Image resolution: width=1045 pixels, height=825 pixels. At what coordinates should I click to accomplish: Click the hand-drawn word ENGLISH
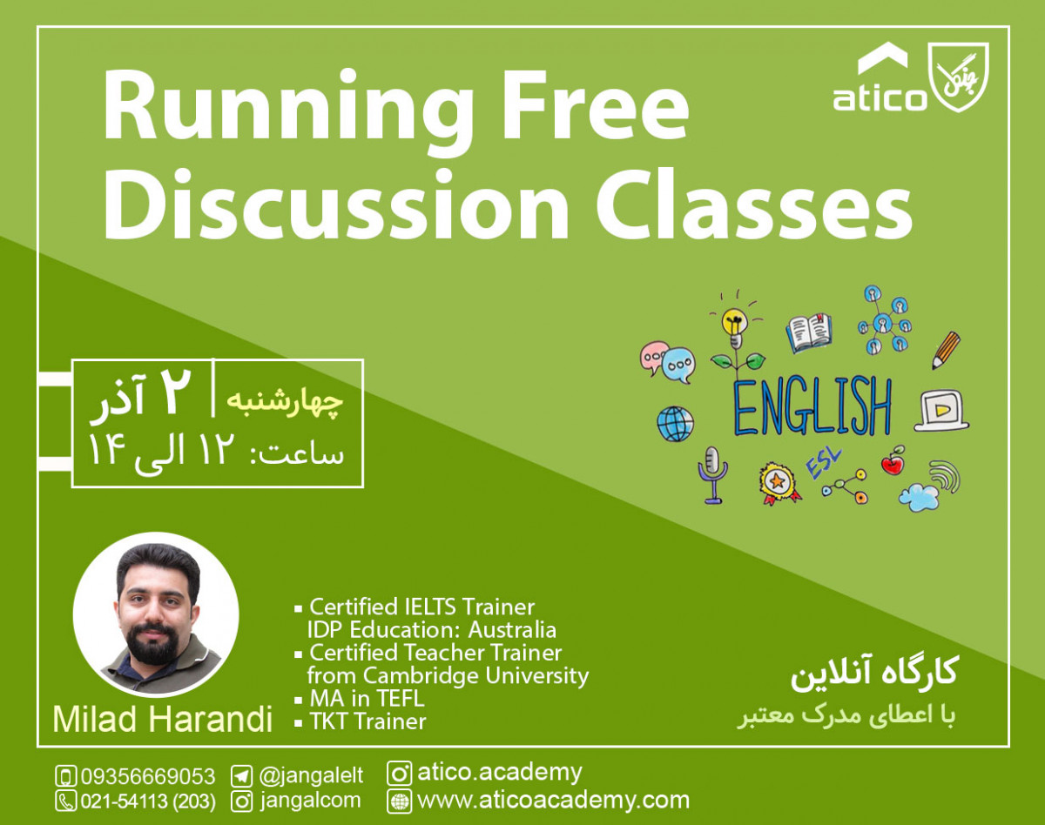(812, 406)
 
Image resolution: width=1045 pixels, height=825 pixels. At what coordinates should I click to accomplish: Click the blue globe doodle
(675, 424)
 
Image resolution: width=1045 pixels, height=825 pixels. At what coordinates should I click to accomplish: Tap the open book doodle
(809, 333)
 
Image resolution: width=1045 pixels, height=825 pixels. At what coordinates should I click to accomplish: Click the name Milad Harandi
(162, 720)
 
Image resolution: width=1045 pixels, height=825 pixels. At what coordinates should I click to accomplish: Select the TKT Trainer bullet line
(367, 721)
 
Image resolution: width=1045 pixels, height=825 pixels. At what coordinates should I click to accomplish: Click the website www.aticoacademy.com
(553, 800)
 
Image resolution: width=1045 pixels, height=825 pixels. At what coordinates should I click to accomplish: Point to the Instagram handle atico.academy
(499, 772)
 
